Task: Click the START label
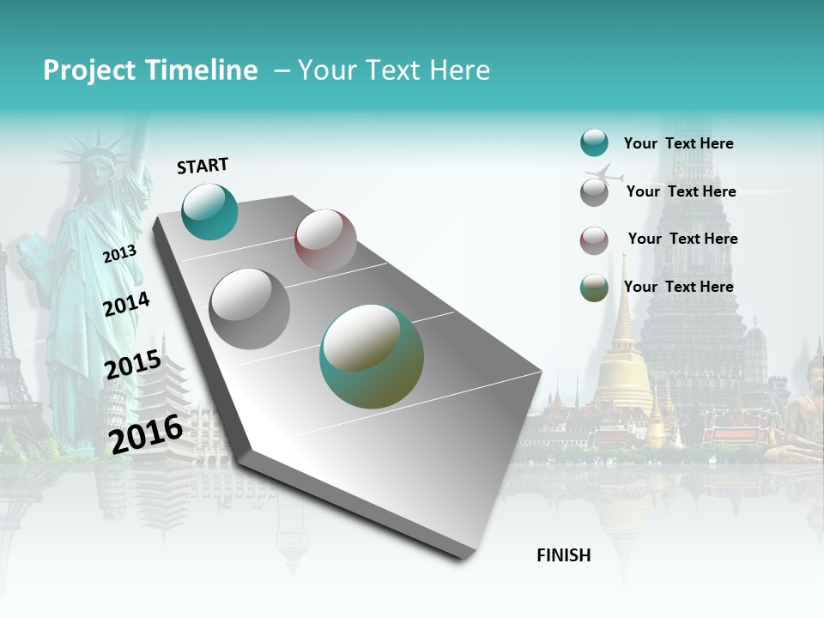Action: (x=203, y=166)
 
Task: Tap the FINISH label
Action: (x=564, y=555)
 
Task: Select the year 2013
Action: (x=119, y=253)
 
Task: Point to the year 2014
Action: (x=126, y=305)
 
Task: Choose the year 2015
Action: (x=133, y=365)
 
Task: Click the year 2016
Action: (x=146, y=433)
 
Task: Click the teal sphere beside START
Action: (x=209, y=211)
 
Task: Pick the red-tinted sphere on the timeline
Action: (x=325, y=240)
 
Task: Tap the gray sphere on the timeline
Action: (x=250, y=308)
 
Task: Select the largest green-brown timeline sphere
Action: (x=372, y=356)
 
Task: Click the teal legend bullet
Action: (x=594, y=143)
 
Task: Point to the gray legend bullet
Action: (x=594, y=191)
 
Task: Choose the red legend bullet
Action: (x=594, y=239)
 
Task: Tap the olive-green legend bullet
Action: (x=594, y=288)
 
